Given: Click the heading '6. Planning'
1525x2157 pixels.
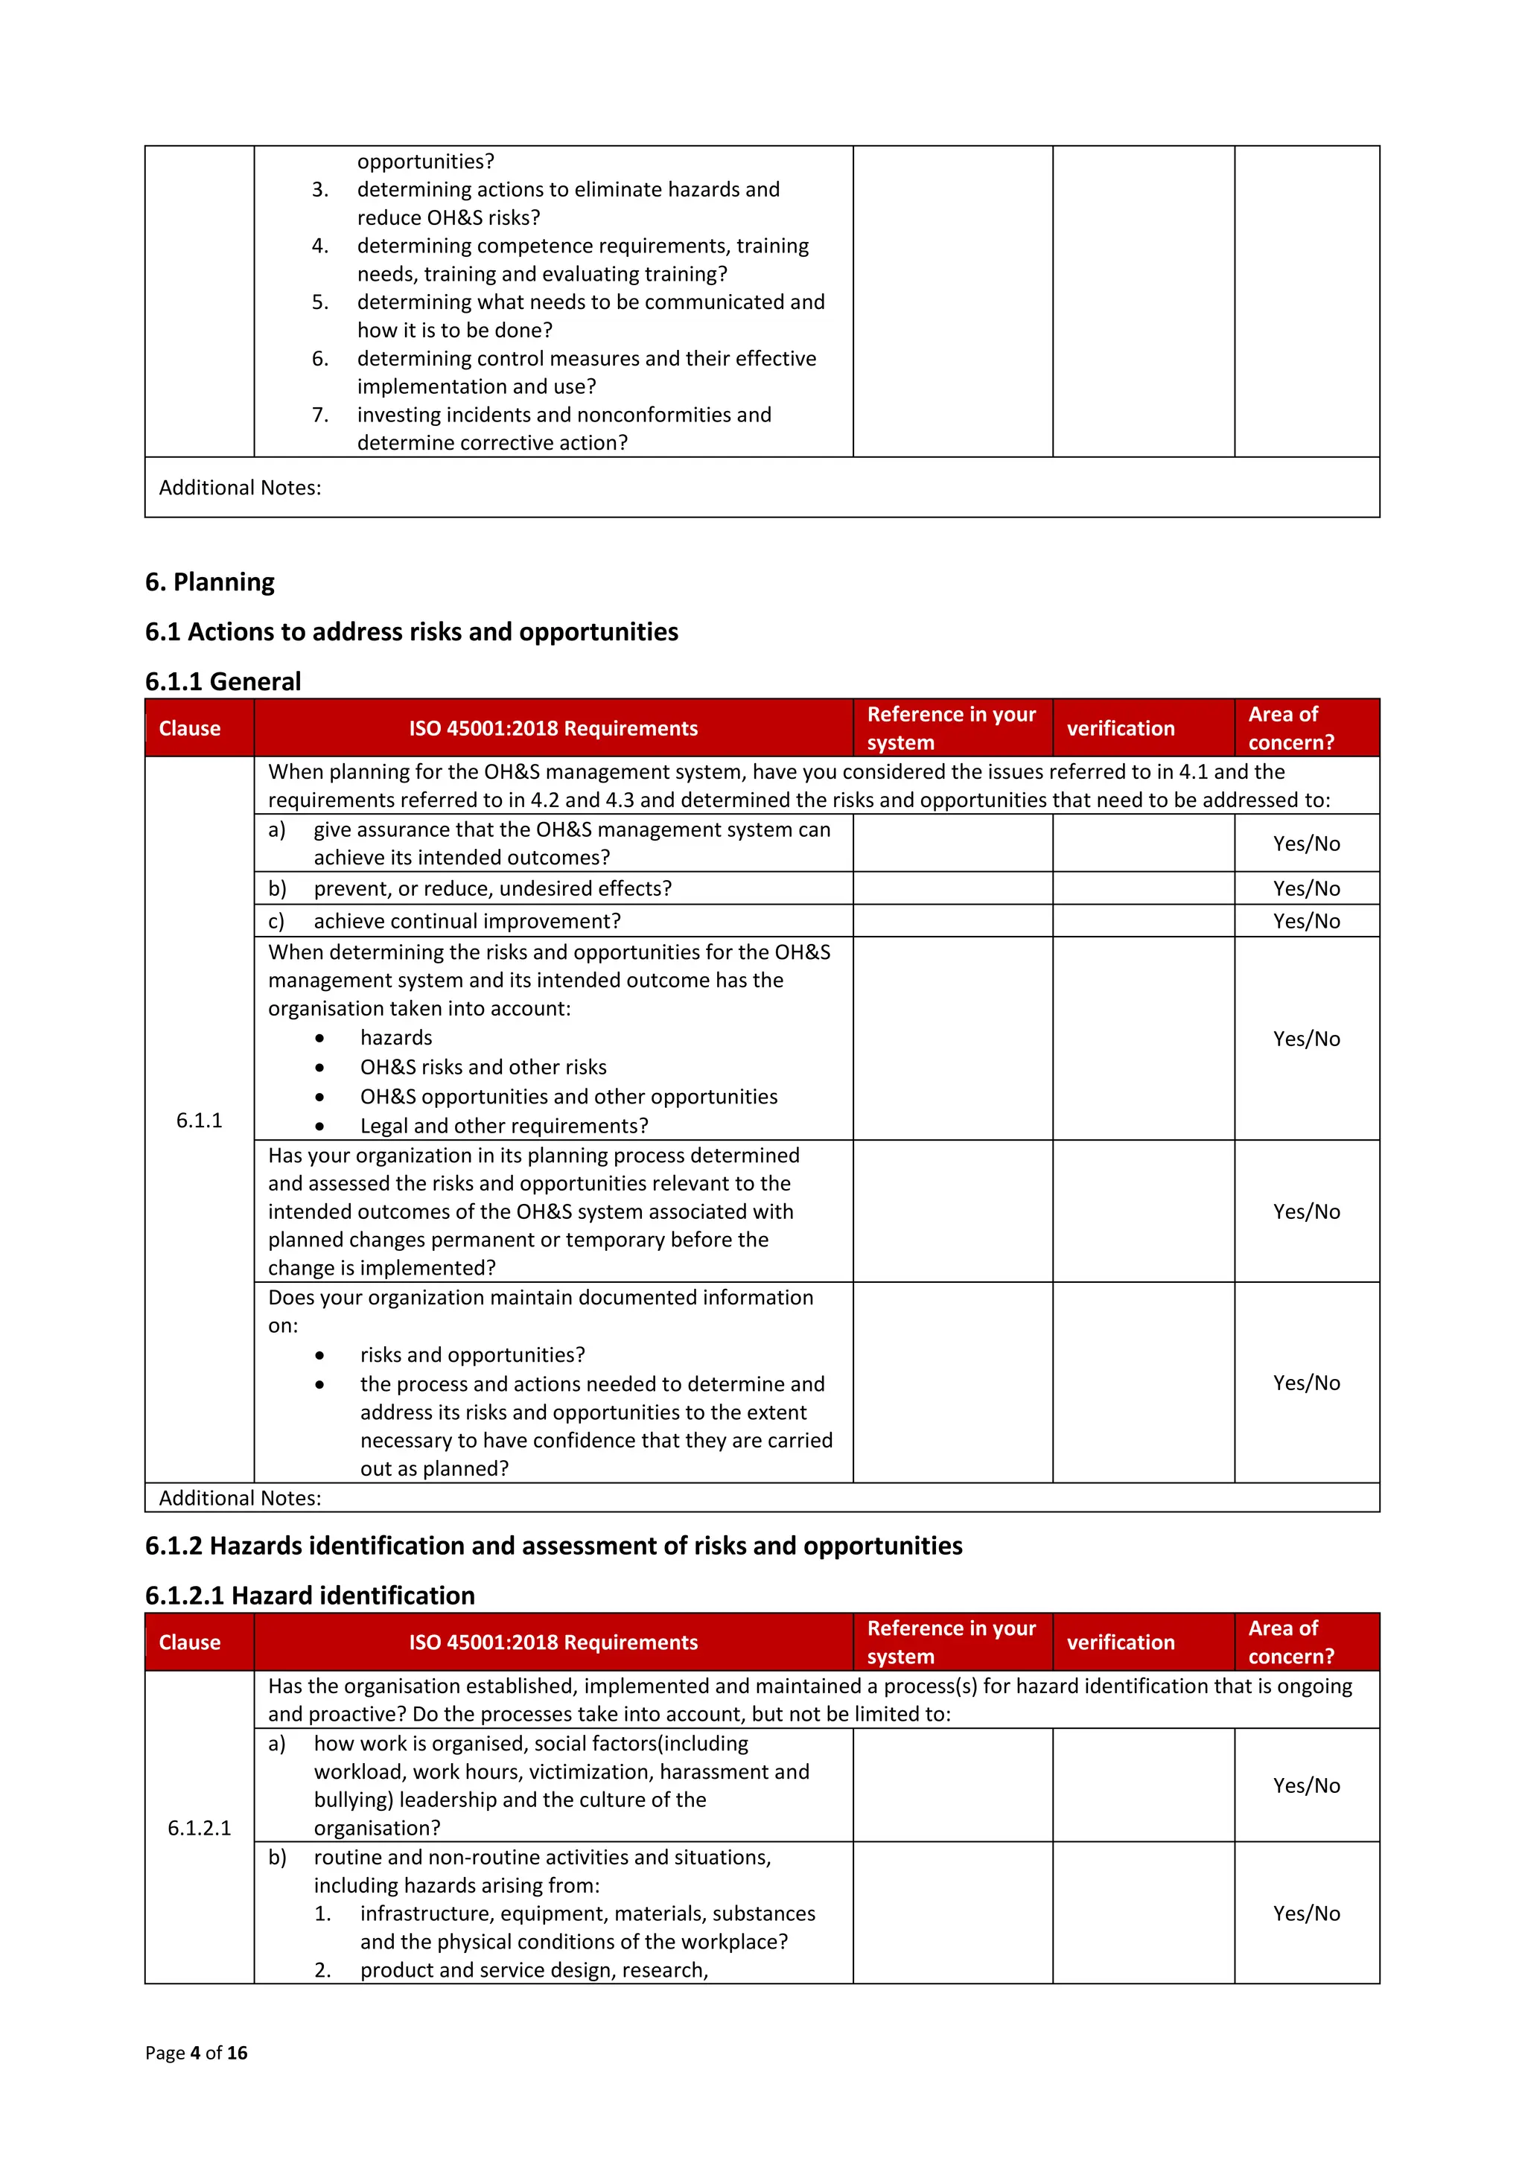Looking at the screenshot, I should pyautogui.click(x=209, y=582).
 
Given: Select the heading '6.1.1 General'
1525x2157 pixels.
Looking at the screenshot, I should pyautogui.click(x=223, y=681).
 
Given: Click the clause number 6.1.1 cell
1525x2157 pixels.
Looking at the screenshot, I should pyautogui.click(x=200, y=1120).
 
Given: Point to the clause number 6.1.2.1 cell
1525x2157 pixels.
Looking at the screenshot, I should pyautogui.click(x=200, y=1827).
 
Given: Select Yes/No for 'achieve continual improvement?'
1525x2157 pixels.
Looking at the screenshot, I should pyautogui.click(x=1306, y=921).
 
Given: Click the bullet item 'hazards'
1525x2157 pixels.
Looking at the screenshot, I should pyautogui.click(x=395, y=1037).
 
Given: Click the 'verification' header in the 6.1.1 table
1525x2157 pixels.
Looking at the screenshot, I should pyautogui.click(x=1120, y=728).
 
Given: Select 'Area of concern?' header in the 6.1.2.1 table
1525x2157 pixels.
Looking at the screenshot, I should pyautogui.click(x=1290, y=1643).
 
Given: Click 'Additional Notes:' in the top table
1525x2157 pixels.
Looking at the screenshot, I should pyautogui.click(x=240, y=488).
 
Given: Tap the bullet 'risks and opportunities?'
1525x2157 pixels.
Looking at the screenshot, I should pyautogui.click(x=471, y=1354).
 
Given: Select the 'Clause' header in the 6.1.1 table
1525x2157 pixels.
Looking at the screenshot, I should pyautogui.click(x=190, y=728).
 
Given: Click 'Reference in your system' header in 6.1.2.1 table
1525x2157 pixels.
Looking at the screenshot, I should pyautogui.click(x=950, y=1643).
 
